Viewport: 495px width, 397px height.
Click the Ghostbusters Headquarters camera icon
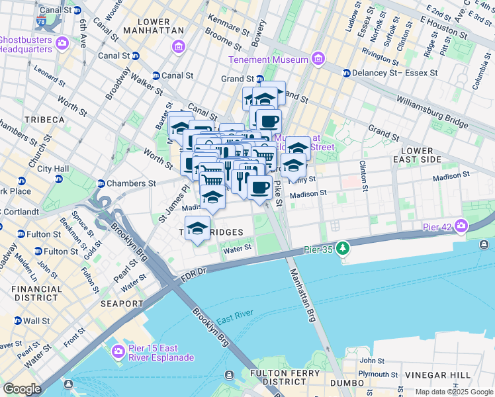pos(62,44)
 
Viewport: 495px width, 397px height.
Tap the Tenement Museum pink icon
pos(318,60)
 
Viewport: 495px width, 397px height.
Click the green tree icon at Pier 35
pos(342,249)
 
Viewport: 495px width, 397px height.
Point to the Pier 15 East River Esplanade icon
pos(119,351)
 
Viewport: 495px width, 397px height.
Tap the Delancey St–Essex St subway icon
pos(345,73)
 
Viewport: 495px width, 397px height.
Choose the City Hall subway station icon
pos(22,181)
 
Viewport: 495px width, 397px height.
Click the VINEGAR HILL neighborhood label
pos(461,375)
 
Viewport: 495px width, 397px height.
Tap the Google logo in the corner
pos(22,388)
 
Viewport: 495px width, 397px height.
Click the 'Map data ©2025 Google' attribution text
pos(453,392)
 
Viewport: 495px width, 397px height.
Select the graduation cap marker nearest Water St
pos(197,228)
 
